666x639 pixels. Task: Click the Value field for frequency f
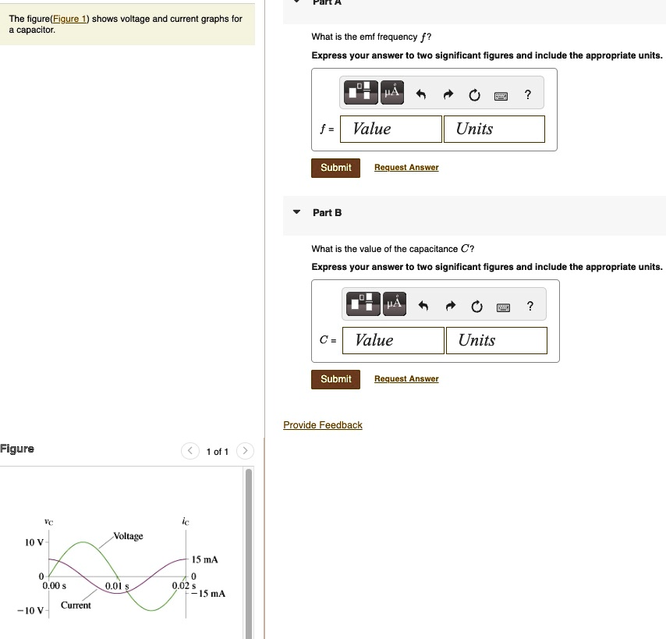[394, 129]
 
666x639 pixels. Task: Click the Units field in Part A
[494, 129]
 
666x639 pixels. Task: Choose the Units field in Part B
[496, 340]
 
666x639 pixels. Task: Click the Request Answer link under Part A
[406, 168]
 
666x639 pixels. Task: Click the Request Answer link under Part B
[406, 379]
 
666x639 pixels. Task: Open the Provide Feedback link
[323, 425]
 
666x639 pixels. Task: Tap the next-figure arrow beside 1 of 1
[245, 451]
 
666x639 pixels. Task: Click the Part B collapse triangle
[296, 212]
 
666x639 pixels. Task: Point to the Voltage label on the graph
[129, 536]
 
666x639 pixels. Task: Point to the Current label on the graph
[76, 605]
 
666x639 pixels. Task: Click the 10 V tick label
[34, 542]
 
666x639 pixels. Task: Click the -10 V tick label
[32, 610]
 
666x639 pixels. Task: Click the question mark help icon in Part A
[529, 95]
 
